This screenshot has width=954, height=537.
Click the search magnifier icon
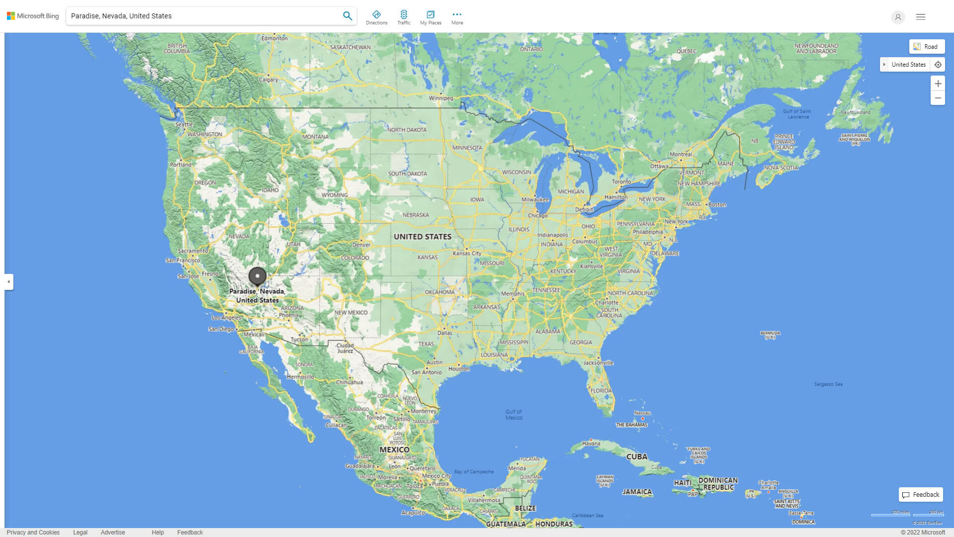[x=347, y=16]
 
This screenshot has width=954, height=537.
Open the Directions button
[x=376, y=17]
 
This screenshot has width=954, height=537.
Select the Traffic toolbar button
[x=403, y=17]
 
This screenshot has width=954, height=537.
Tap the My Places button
[x=430, y=17]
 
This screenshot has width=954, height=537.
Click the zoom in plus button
[x=938, y=84]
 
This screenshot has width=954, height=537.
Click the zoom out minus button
[x=938, y=98]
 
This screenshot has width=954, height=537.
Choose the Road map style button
[x=927, y=47]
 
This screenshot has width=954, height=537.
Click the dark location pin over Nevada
[x=257, y=276]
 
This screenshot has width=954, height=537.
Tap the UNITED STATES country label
[x=422, y=237]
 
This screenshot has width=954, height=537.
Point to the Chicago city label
[x=538, y=215]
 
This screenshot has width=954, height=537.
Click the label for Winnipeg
[x=441, y=98]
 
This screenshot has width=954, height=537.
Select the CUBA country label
[x=636, y=456]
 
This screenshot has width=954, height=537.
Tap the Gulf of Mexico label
[x=514, y=415]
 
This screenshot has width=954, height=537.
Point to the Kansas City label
[x=467, y=253]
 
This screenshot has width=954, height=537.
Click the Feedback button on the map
[x=921, y=494]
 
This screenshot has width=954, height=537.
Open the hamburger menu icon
[x=920, y=17]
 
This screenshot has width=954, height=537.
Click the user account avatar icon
[x=897, y=17]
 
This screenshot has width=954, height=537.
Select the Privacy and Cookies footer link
[x=33, y=532]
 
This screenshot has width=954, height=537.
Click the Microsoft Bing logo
[x=33, y=16]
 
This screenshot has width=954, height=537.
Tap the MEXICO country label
[x=394, y=449]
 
